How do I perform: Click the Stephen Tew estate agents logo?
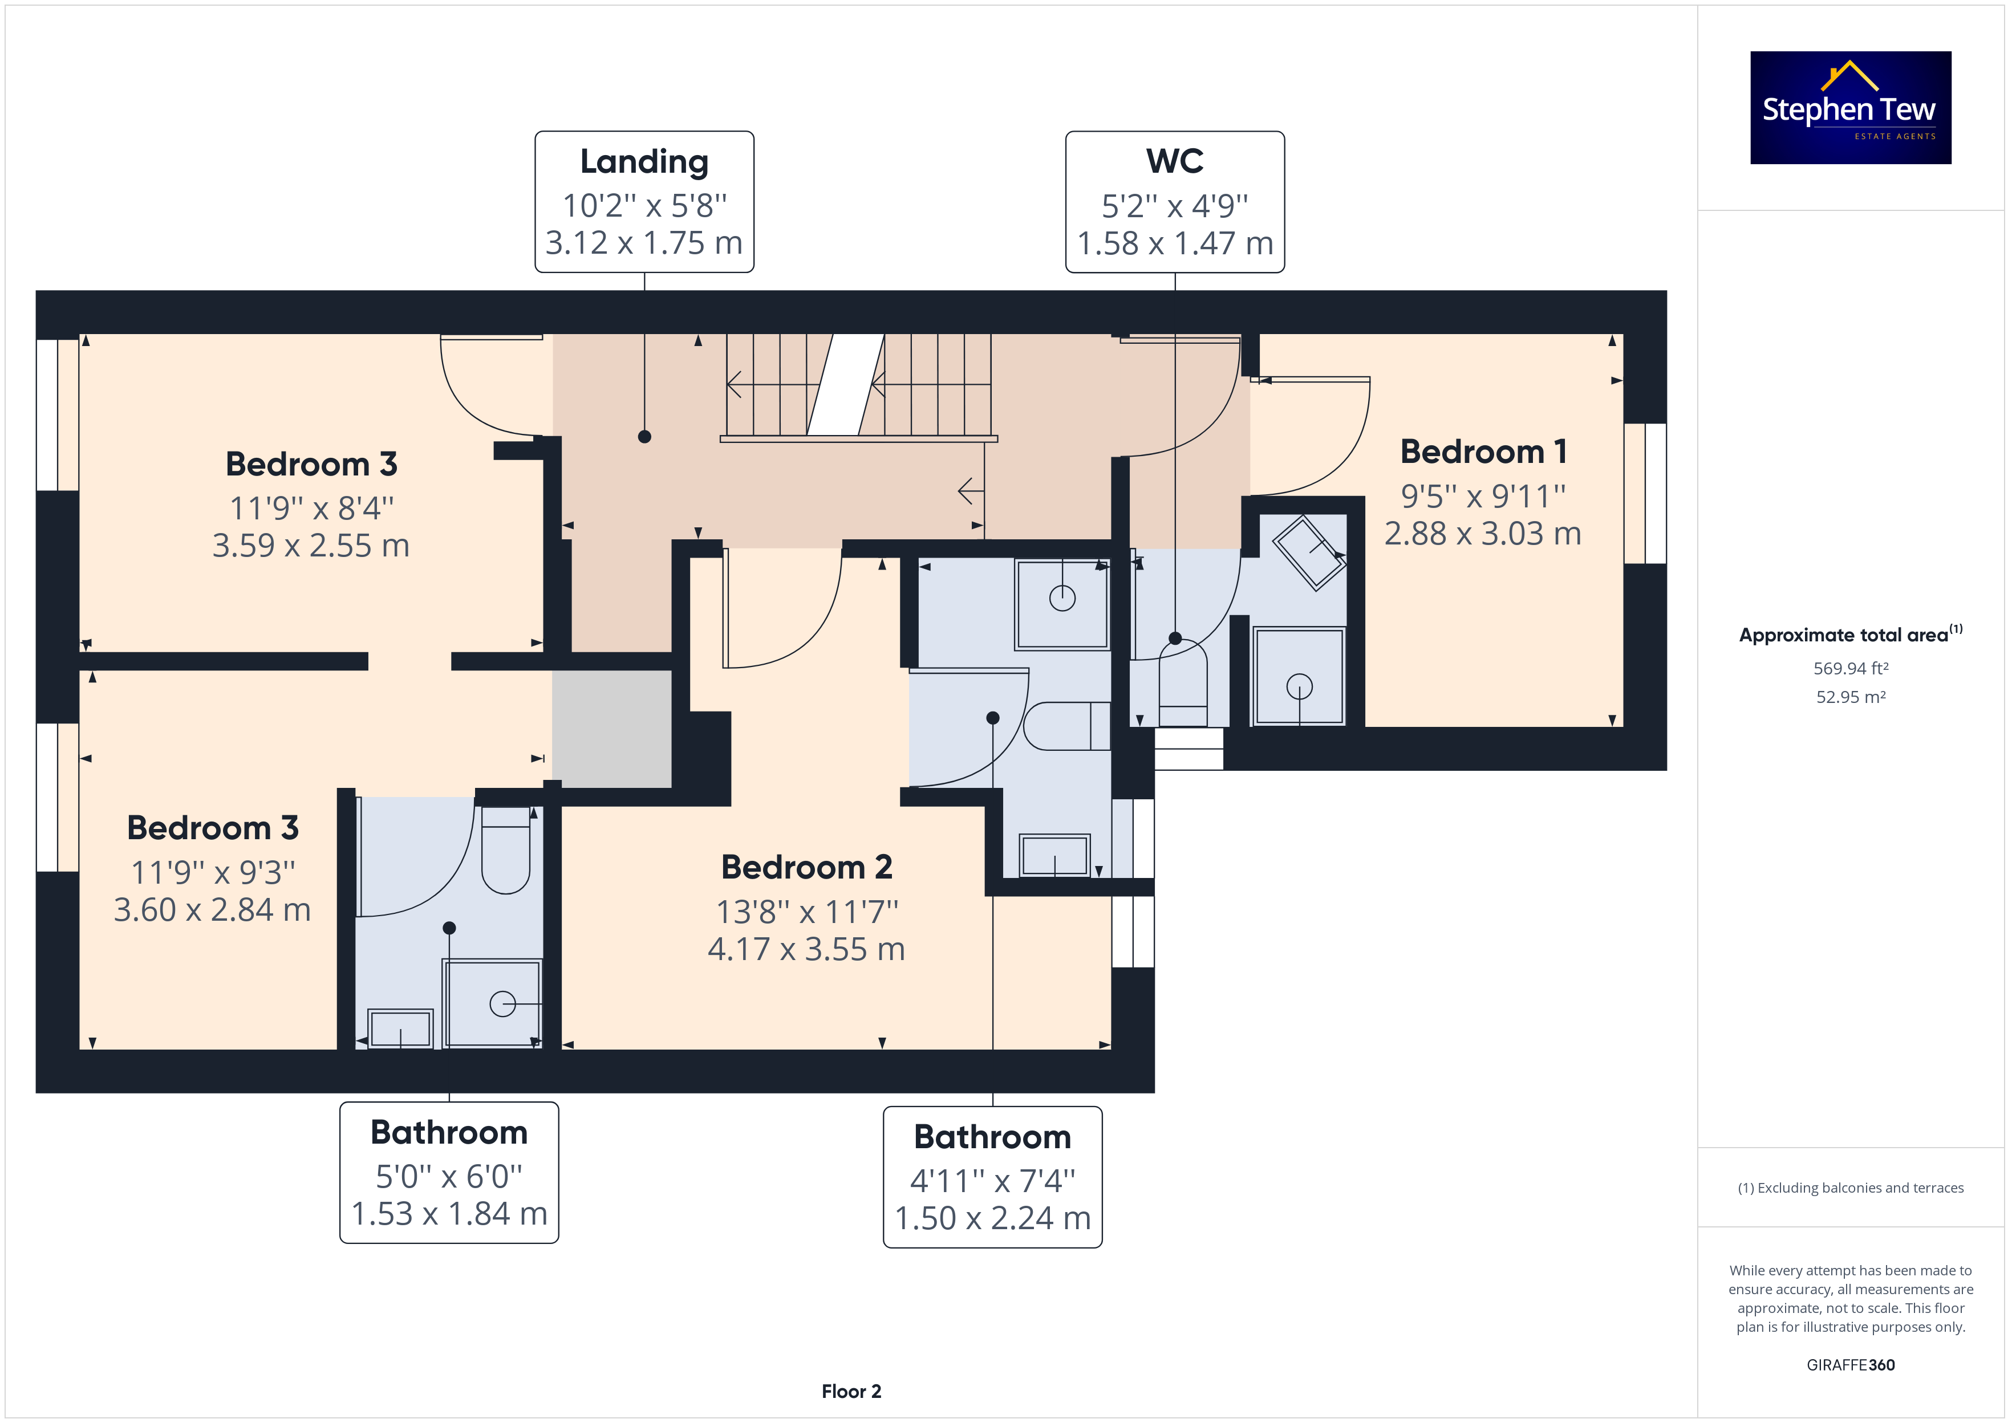[1850, 107]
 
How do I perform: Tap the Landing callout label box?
[644, 201]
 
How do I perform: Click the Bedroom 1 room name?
[1483, 452]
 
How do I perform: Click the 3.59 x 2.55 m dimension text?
[311, 545]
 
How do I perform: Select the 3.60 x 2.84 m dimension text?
[212, 909]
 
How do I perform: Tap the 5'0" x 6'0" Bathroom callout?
[449, 1172]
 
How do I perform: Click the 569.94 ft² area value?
[1850, 669]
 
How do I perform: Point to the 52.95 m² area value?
[1850, 697]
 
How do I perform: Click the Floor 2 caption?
[851, 1392]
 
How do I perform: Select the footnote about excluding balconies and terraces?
[1850, 1188]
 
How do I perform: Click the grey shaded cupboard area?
[612, 729]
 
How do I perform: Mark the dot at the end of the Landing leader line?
[644, 436]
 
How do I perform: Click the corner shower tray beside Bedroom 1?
[1309, 553]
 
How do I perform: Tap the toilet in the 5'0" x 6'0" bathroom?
[506, 850]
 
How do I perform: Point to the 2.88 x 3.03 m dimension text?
[1483, 532]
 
